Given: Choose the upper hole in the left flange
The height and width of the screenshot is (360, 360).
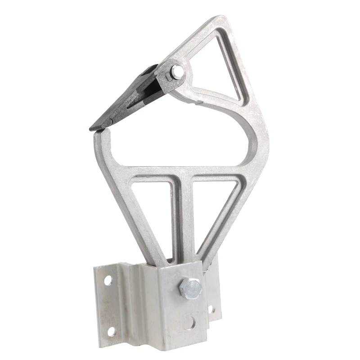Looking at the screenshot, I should (108, 281).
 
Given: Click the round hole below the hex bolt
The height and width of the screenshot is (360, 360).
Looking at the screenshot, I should (191, 322).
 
